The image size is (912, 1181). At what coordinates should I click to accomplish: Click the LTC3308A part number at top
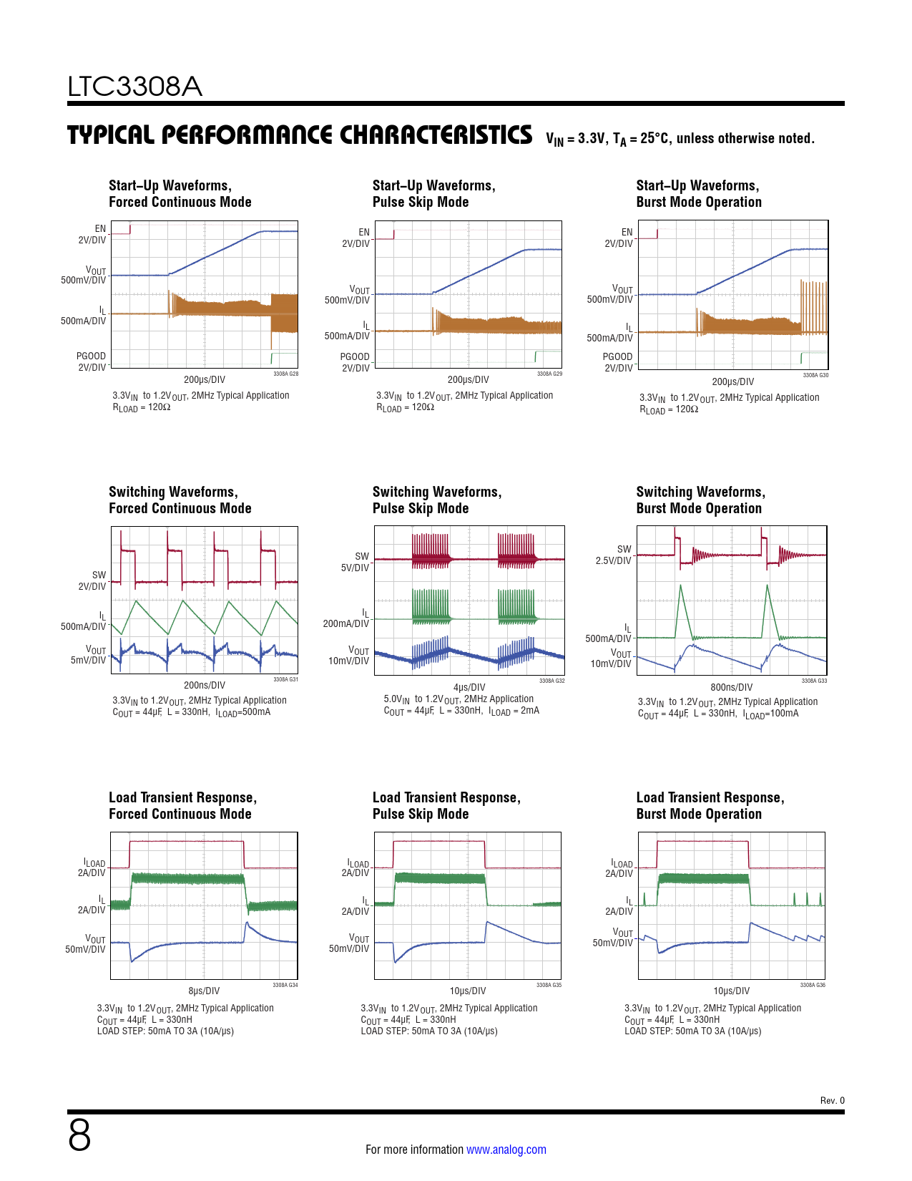click(x=134, y=87)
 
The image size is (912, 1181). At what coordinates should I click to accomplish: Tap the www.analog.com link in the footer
click(x=506, y=1150)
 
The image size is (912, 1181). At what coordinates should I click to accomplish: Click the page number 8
click(x=79, y=1135)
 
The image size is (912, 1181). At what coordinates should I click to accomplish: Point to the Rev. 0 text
click(x=832, y=1100)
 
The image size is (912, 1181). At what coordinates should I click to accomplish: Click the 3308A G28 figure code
click(x=285, y=374)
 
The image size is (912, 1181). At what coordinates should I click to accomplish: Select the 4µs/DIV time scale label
click(x=469, y=687)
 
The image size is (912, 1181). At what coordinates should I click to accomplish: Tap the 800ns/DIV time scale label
click(x=731, y=687)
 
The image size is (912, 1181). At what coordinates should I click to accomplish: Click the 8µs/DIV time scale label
click(x=204, y=991)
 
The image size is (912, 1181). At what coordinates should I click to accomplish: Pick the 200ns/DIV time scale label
click(x=204, y=685)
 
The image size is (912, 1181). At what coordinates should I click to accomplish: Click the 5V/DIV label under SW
click(x=355, y=568)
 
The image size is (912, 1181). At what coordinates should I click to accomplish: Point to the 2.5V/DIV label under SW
click(x=613, y=560)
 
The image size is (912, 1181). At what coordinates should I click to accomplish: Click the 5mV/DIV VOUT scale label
click(x=88, y=660)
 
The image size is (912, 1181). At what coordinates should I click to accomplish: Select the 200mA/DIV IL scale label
click(x=345, y=623)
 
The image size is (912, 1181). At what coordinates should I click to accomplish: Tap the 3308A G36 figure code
click(x=812, y=985)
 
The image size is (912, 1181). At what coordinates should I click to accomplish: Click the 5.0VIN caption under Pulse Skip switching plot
click(x=396, y=699)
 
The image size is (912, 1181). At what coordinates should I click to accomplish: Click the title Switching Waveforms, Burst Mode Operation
click(x=700, y=500)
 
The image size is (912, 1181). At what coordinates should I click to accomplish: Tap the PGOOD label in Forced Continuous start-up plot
click(x=91, y=356)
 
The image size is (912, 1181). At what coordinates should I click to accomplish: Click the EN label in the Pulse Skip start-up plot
click(x=364, y=232)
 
